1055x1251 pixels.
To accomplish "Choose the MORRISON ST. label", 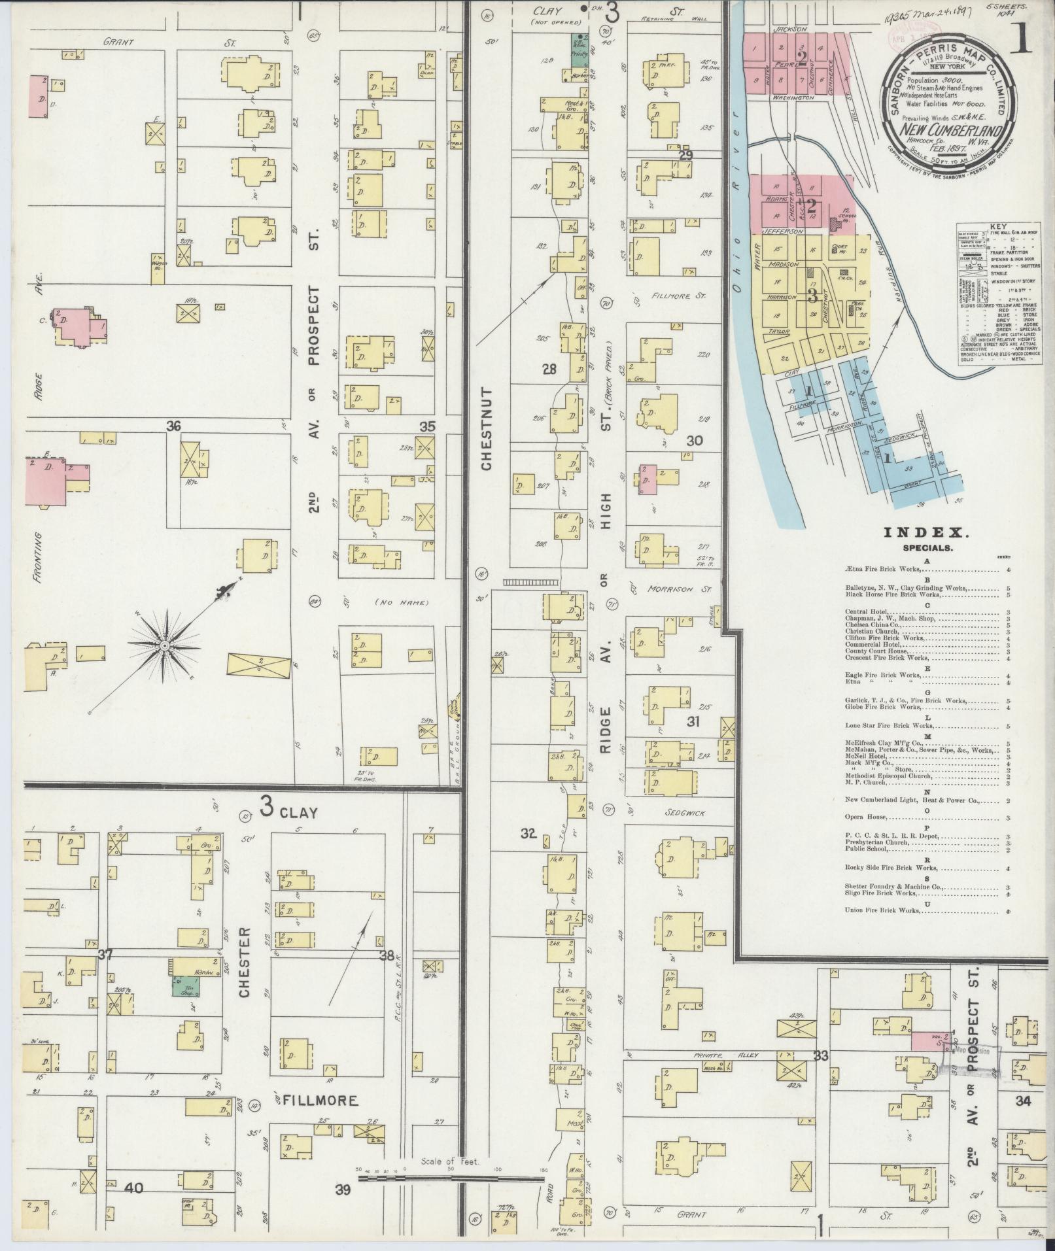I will click(678, 589).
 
